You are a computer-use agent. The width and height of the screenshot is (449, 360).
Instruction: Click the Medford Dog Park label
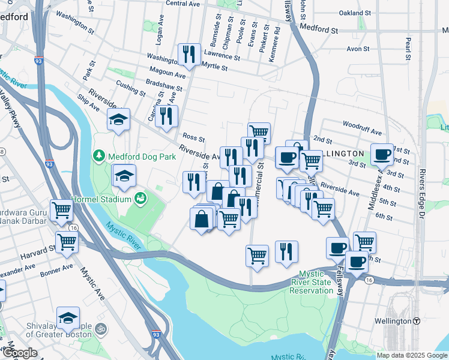click(142, 157)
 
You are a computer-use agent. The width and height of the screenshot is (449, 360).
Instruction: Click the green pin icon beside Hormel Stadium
click(140, 198)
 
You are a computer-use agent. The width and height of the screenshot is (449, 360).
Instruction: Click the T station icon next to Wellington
click(416, 321)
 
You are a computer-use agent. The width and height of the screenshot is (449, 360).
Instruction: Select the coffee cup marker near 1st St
click(382, 155)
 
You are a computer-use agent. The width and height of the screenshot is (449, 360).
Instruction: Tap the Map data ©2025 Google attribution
click(411, 355)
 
